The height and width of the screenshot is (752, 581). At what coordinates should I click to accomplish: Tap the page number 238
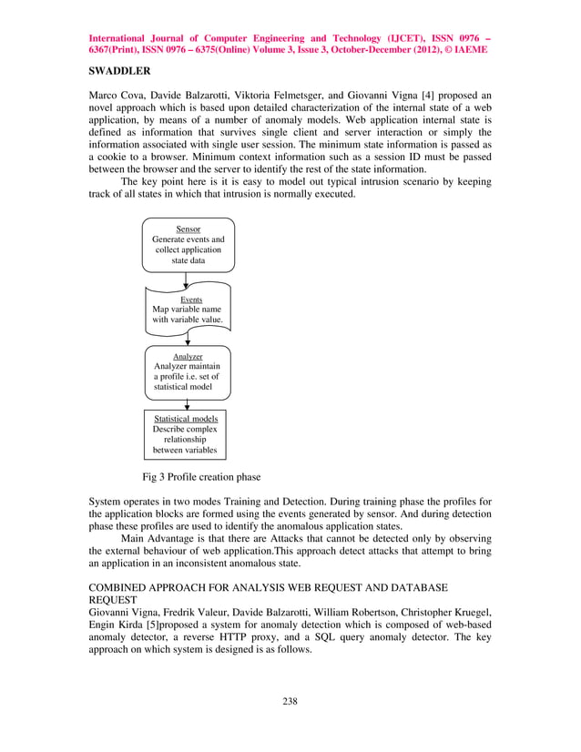pos(290,701)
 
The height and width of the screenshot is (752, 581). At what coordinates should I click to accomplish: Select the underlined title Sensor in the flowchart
pos(189,229)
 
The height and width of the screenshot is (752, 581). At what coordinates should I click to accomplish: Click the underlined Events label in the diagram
pos(191,299)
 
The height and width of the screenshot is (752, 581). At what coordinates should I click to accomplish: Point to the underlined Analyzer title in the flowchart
pos(188,356)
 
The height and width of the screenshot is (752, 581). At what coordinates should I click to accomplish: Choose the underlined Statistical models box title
pos(186,419)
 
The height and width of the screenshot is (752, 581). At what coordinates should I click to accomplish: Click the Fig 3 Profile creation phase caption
pos(201,477)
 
